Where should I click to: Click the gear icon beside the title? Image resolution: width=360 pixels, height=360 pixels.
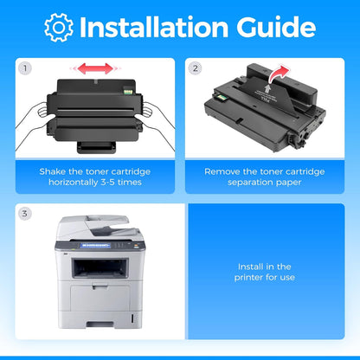pyautogui.click(x=59, y=28)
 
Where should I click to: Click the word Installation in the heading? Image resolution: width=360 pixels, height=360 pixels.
pyautogui.click(x=154, y=27)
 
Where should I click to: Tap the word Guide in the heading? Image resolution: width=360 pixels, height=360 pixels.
pyautogui.click(x=276, y=27)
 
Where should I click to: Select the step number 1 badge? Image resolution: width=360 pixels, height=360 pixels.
pyautogui.click(x=25, y=68)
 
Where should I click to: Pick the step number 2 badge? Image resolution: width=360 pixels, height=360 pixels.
pyautogui.click(x=196, y=68)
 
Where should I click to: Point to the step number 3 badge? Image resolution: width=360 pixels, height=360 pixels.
pyautogui.click(x=25, y=214)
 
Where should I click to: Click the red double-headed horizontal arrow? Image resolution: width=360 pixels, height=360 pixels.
pyautogui.click(x=95, y=68)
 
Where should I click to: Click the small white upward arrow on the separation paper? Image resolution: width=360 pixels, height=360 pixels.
pyautogui.click(x=268, y=87)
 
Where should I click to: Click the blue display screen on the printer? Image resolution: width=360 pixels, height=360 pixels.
pyautogui.click(x=95, y=245)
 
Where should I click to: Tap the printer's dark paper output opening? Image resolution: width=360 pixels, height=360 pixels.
pyautogui.click(x=100, y=268)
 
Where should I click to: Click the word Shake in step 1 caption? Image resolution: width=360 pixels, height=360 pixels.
pyautogui.click(x=53, y=171)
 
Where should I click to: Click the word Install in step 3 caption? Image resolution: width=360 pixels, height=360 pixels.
pyautogui.click(x=250, y=267)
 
